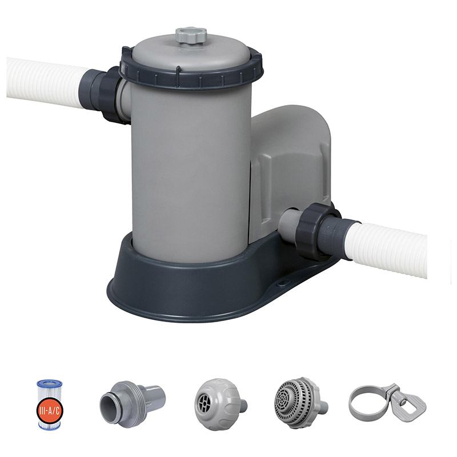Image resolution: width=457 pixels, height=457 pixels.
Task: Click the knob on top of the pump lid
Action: point(191,35)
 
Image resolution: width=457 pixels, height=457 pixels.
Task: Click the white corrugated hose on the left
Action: point(47,82)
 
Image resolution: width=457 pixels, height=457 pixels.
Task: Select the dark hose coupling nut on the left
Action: point(109,95)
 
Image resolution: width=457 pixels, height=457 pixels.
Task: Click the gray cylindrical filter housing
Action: point(191,172)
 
